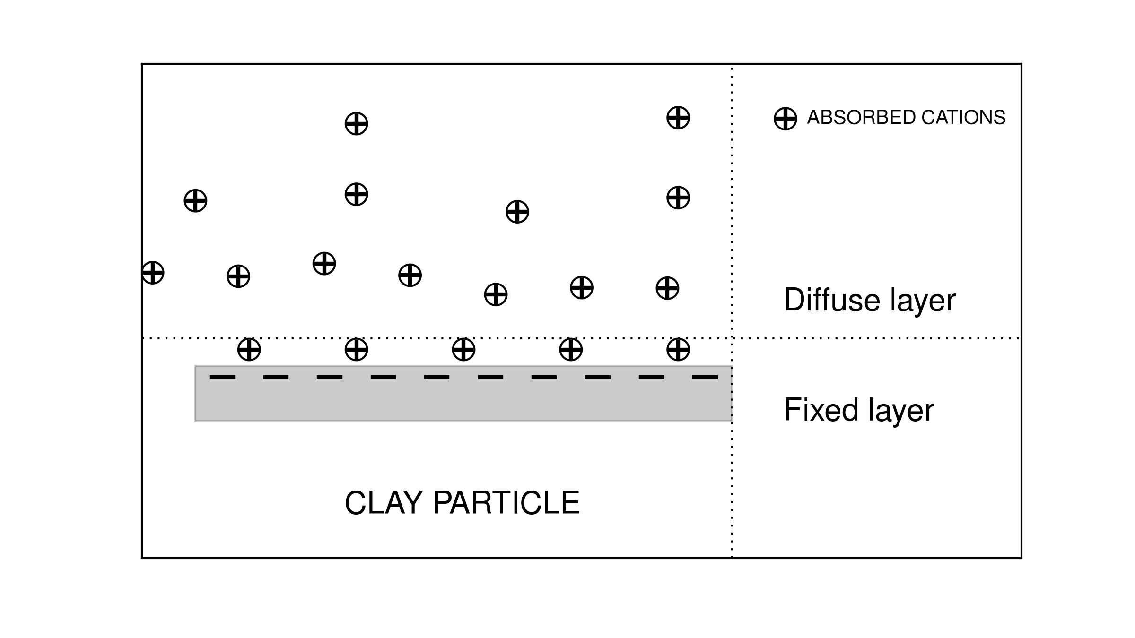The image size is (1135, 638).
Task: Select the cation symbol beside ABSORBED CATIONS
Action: coord(785,118)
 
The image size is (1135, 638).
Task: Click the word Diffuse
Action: coord(831,300)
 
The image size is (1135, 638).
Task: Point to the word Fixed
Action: coord(821,409)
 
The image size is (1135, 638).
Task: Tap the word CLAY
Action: coord(384,502)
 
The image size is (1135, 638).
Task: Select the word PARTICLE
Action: coord(506,502)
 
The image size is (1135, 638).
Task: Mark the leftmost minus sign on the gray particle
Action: coord(222,377)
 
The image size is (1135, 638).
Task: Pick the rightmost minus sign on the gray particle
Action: coord(705,377)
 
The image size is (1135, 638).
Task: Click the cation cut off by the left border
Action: coord(153,273)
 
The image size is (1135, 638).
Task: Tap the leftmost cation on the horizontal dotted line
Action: coord(249,350)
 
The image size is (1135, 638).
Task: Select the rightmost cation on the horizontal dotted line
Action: coord(678,350)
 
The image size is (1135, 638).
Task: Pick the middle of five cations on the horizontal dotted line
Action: coord(463,350)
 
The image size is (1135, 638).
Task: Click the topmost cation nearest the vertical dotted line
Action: coord(678,118)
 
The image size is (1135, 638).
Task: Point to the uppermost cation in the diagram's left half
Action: coord(356,124)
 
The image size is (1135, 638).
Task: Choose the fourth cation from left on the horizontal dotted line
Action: coord(571,350)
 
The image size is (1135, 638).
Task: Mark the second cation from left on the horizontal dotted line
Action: coord(356,350)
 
